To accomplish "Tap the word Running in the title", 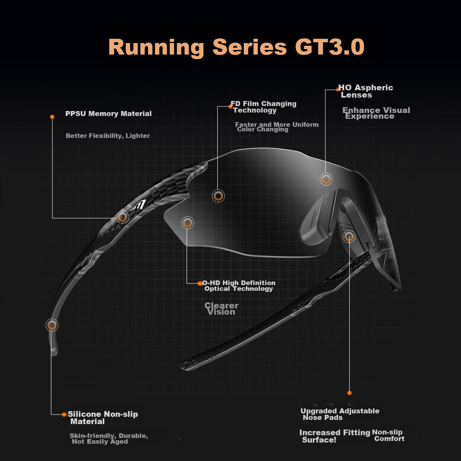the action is (156, 48).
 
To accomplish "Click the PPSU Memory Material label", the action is (108, 114).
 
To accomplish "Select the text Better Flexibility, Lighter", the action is (108, 136).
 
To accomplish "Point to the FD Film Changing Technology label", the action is (264, 107).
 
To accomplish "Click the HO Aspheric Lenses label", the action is (366, 91).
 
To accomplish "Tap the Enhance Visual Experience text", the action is (376, 113).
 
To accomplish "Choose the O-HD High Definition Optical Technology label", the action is (239, 286).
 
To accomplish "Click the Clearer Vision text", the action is (221, 309).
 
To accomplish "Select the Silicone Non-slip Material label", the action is (103, 418).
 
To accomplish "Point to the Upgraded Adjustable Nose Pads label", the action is (340, 414).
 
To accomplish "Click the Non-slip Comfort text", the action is (388, 435).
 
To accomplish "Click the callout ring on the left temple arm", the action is (123, 217).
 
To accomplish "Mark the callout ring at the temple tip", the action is (52, 325).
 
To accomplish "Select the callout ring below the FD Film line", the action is (218, 196).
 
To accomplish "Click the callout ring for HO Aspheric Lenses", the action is (326, 179).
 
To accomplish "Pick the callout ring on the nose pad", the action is (349, 237).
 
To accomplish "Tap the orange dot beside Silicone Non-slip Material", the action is (64, 415).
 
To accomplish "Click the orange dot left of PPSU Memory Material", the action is (52, 117).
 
